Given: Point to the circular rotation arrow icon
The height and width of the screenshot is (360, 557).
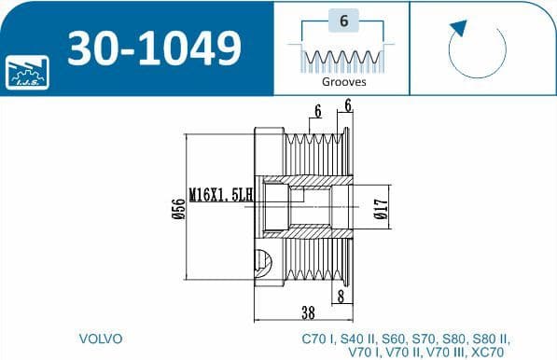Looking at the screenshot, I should pos(477,48).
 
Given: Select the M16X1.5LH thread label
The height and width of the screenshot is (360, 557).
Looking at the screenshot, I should pos(221,195).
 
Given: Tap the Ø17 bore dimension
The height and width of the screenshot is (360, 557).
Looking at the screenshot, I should pos(380,210).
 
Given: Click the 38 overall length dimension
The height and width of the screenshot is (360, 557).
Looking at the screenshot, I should pos(307,312).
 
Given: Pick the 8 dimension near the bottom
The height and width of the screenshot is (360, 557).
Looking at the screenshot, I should pos(342,296).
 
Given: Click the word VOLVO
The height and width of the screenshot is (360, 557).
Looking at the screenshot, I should pos(102,338).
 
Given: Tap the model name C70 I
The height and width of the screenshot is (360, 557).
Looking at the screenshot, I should pos(318,338).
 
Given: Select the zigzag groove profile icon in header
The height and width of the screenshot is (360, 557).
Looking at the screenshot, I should pos(342,59).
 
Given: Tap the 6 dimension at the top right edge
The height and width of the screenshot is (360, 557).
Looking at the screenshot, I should pos(347,106).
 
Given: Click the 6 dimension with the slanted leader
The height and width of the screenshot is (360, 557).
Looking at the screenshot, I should pos(318,111).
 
